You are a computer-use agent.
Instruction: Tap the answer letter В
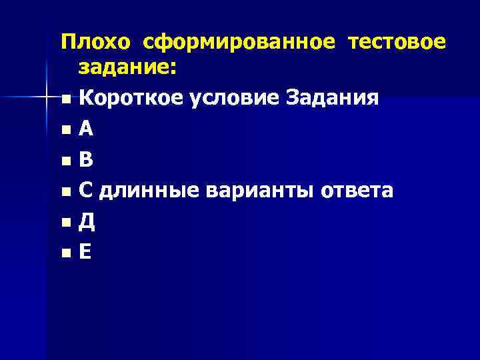(86, 160)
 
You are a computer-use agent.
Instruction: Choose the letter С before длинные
(86, 191)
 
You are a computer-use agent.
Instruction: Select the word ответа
(358, 191)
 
